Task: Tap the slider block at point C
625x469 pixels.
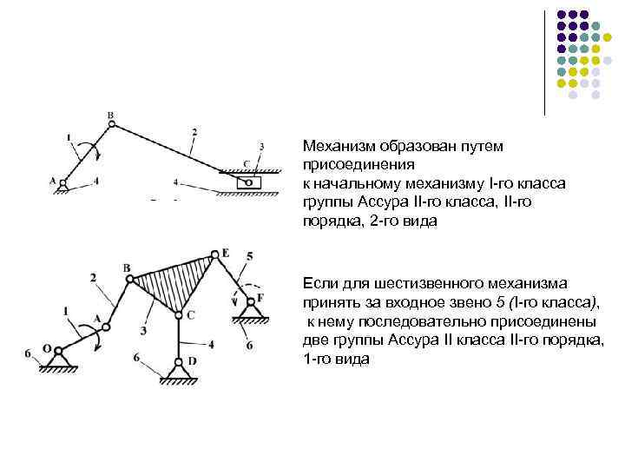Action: [x=247, y=182]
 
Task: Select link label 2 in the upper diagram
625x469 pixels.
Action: [x=194, y=131]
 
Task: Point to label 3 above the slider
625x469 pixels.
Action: [x=261, y=146]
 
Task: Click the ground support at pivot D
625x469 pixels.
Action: [x=179, y=373]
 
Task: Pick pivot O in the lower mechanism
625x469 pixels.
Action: [x=57, y=350]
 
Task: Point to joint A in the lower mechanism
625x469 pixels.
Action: [x=106, y=327]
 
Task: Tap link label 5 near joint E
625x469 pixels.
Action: [x=250, y=256]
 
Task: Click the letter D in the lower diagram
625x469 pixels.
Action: [x=192, y=360]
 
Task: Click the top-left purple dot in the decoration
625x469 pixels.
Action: [x=560, y=15]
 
